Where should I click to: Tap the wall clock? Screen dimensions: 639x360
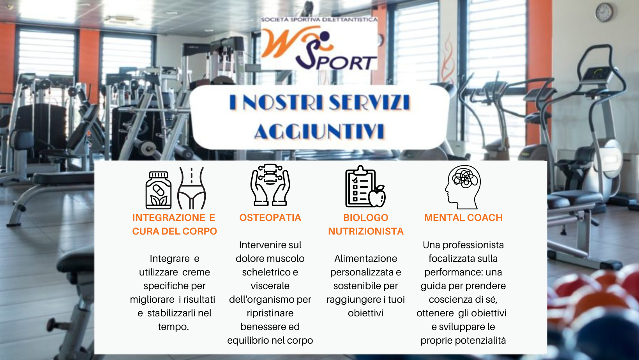click(604, 12)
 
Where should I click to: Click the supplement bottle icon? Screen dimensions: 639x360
click(159, 190)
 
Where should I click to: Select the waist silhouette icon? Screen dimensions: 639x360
click(191, 188)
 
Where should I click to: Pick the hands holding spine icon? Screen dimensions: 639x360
click(270, 185)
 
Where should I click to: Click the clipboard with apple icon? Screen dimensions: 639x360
click(365, 187)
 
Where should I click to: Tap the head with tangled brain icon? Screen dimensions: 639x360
click(463, 187)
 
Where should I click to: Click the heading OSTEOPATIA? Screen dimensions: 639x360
click(270, 218)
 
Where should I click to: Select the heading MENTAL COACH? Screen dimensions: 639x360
click(463, 218)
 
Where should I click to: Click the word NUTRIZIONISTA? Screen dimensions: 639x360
click(366, 231)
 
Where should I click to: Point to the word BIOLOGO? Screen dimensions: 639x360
click(366, 218)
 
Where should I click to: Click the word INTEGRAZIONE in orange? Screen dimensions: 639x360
click(169, 218)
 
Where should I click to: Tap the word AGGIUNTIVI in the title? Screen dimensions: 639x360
click(319, 132)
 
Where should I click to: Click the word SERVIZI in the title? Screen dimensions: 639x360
click(369, 102)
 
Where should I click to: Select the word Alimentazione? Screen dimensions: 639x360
click(366, 259)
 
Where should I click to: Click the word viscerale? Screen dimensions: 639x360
click(270, 286)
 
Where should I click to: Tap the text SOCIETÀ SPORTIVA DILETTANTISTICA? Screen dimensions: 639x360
click(319, 19)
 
